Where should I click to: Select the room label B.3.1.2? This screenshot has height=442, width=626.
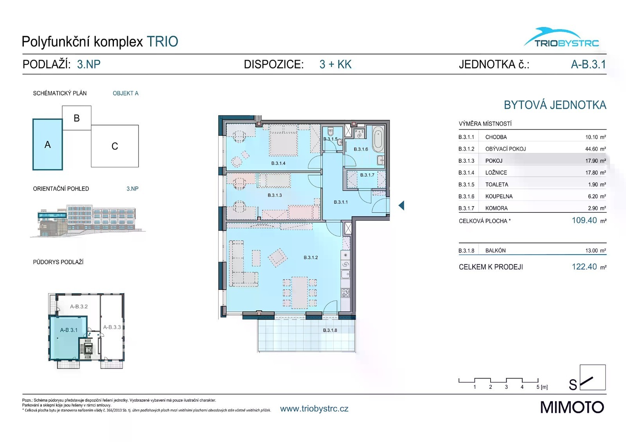tap(311, 257)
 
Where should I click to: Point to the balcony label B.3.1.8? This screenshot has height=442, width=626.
tap(330, 330)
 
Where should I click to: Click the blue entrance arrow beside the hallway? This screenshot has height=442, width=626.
tap(401, 206)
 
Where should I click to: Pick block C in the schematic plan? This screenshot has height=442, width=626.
tap(115, 146)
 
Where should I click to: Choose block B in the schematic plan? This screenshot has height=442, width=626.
tap(77, 118)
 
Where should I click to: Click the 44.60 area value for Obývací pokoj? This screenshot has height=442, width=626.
tap(591, 149)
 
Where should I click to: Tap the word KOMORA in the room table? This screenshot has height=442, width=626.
tap(496, 208)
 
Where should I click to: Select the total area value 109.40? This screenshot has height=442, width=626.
tap(584, 220)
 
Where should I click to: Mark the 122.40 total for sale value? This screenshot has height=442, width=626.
tap(584, 266)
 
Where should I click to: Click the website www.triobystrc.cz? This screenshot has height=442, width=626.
tap(314, 409)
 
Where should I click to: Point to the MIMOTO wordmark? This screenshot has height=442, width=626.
tap(572, 407)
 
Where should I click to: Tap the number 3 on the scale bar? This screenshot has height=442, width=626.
tap(506, 387)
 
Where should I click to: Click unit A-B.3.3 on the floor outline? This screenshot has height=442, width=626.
tap(112, 327)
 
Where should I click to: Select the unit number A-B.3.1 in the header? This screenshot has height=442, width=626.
tap(588, 64)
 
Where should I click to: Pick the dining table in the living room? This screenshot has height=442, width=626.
tap(300, 293)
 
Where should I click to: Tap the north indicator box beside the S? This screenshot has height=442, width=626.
tap(592, 377)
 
